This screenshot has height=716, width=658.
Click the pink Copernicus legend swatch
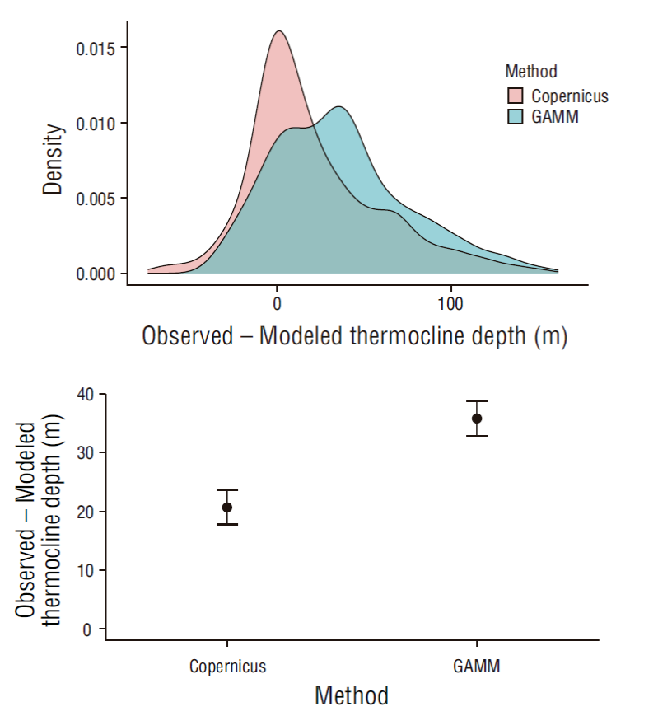[x=516, y=96]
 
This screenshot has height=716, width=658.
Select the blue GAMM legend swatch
[x=516, y=117]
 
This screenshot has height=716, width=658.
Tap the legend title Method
[x=531, y=72]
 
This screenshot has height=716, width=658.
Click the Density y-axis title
[x=54, y=159]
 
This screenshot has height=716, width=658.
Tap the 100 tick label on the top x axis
[x=450, y=302]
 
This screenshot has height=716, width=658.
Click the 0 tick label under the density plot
[x=277, y=302]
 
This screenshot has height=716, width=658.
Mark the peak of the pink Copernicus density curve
[x=278, y=31]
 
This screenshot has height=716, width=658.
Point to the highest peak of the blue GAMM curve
[x=338, y=106]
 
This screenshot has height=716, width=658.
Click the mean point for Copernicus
[x=227, y=508]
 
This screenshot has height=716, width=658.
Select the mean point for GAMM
[x=477, y=419]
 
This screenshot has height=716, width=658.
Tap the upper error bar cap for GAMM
[x=477, y=401]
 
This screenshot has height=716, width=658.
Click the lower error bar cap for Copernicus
[x=227, y=524]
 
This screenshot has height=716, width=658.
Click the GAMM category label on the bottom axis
[x=477, y=666]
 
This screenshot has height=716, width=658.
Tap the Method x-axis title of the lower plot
[x=352, y=695]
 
